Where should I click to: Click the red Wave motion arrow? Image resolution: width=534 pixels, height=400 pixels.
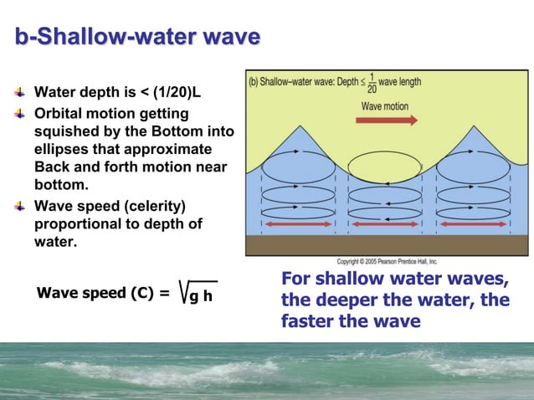coord(387,121)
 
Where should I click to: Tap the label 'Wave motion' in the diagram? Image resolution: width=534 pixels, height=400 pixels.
coord(385,106)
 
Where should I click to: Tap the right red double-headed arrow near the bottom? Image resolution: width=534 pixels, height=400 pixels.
coord(474,224)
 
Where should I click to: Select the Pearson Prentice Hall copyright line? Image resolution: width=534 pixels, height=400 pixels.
coord(387,261)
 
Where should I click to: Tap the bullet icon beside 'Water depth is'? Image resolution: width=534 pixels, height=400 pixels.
coord(22,91)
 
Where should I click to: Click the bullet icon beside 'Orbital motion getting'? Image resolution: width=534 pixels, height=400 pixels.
coord(22,112)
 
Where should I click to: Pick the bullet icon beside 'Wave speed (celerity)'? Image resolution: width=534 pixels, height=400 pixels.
coord(22,205)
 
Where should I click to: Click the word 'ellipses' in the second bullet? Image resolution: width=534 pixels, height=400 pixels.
coord(59,149)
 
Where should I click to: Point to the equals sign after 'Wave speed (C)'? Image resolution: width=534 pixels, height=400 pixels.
coord(164,294)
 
